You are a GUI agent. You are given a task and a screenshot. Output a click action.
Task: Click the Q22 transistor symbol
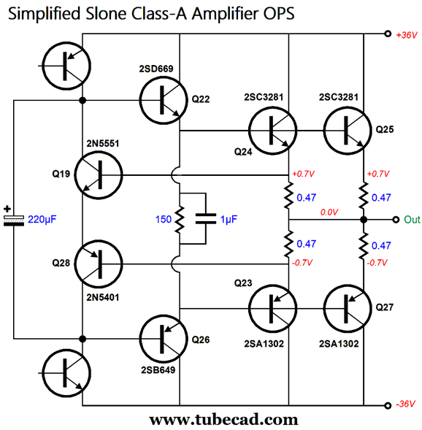[164, 100]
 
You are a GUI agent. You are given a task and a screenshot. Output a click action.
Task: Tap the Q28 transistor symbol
[99, 264]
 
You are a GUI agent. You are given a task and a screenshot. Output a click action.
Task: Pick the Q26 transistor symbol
[164, 339]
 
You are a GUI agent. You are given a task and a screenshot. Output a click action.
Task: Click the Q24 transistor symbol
[272, 130]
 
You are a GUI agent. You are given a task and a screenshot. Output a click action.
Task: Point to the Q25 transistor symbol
[348, 130]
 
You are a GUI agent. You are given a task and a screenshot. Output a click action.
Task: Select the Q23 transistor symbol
[272, 309]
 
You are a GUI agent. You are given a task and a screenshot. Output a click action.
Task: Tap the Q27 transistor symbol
[348, 309]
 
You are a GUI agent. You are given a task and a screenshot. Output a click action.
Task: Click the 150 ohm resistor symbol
[180, 220]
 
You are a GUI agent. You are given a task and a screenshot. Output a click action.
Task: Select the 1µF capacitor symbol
[206, 219]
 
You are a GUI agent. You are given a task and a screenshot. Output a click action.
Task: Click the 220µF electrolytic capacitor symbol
[14, 220]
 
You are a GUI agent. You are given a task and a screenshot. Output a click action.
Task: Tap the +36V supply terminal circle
[388, 34]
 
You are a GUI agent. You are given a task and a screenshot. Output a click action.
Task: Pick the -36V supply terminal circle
[388, 405]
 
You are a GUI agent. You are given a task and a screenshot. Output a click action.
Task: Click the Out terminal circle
[396, 220]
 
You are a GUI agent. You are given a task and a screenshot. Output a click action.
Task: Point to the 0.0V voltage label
[329, 212]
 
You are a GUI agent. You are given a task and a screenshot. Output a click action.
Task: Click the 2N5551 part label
[103, 143]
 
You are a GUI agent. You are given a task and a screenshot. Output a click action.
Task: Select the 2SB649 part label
[158, 370]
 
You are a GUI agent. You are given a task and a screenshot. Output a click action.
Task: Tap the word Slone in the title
[106, 13]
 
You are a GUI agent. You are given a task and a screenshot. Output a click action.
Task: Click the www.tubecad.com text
[223, 420]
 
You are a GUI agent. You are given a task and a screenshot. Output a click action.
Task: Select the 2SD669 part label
[156, 69]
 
